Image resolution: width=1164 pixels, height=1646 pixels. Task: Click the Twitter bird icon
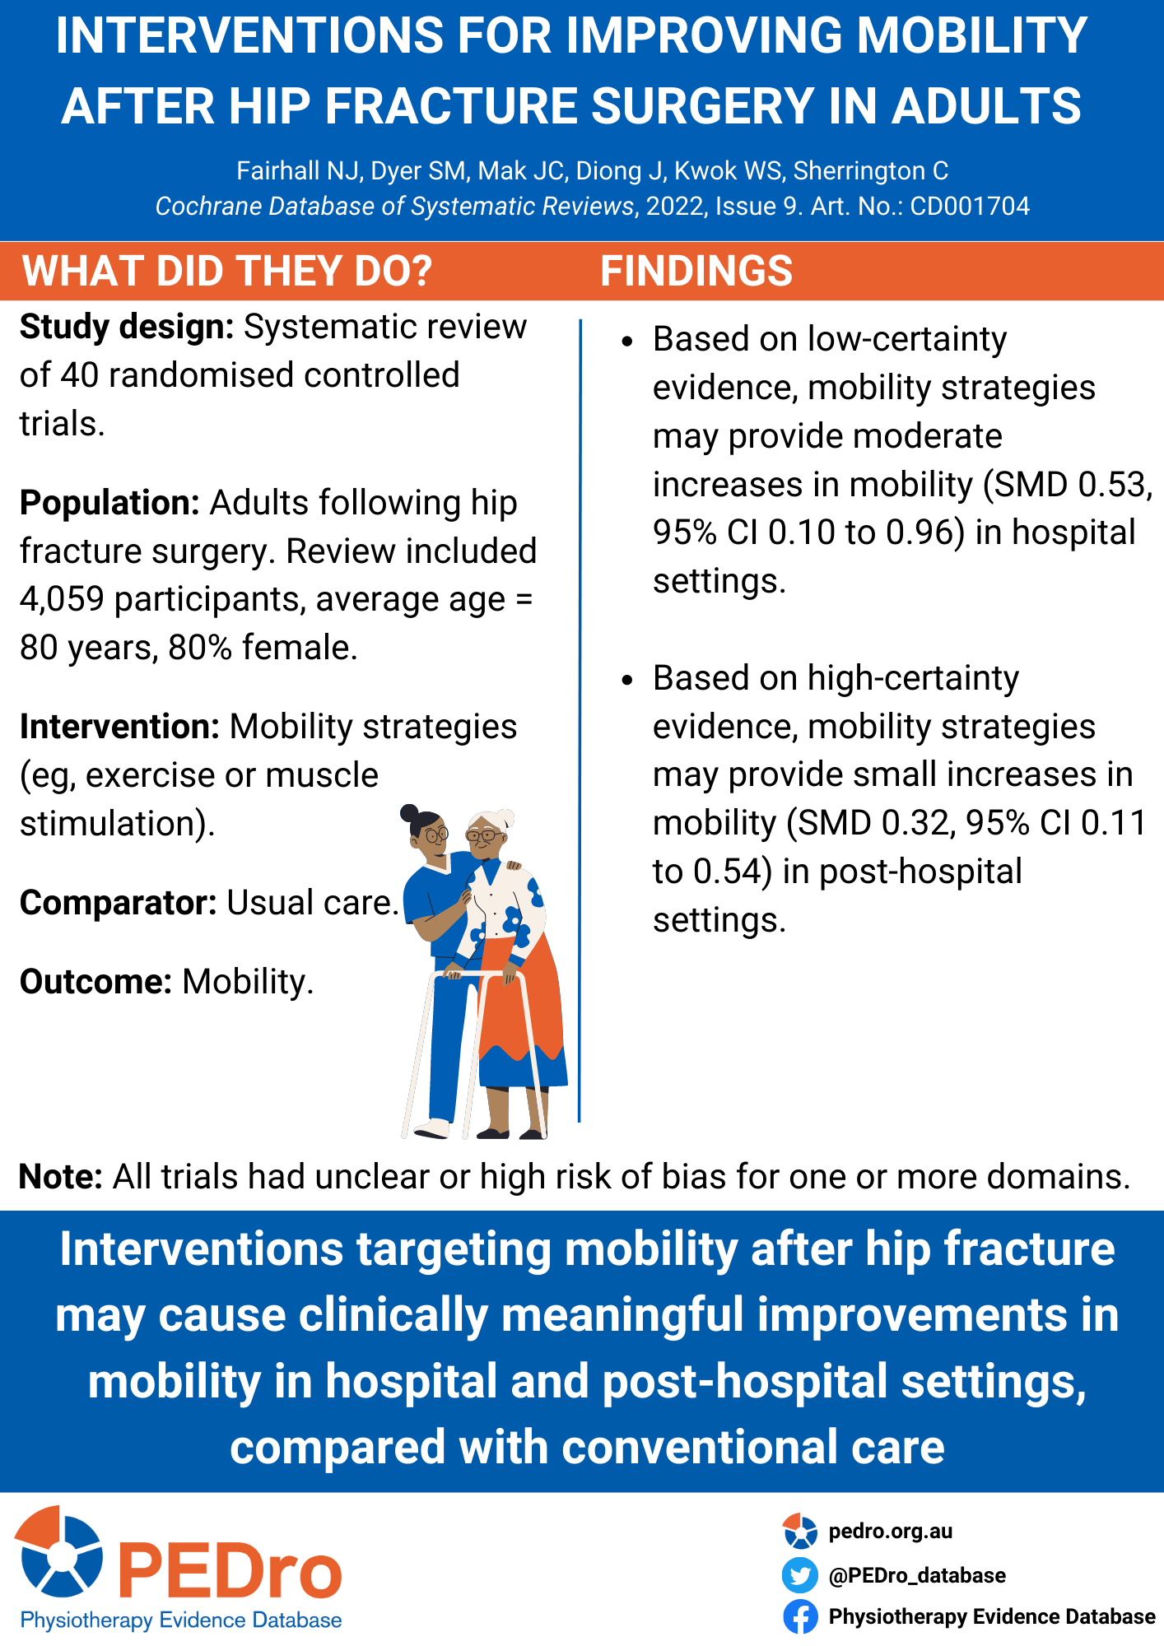[x=799, y=1575]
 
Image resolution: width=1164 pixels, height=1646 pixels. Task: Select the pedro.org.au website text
[x=890, y=1532]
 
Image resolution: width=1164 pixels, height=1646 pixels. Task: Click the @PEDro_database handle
[x=917, y=1575]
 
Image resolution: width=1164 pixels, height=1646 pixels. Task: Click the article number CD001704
[x=970, y=206]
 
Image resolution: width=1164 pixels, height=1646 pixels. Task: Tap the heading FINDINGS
[x=696, y=271]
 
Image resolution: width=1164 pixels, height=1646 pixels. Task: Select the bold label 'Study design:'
[x=128, y=328]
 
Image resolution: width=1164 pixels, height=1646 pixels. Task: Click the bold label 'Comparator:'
[x=119, y=903]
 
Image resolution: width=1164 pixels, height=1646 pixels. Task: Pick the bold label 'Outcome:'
[x=95, y=982]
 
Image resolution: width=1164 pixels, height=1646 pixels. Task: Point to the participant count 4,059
[x=62, y=600]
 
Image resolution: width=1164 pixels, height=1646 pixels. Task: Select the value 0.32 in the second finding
[x=916, y=823]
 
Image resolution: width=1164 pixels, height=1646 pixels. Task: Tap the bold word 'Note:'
[x=61, y=1177]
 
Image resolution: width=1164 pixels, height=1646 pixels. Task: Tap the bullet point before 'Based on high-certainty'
[x=628, y=680]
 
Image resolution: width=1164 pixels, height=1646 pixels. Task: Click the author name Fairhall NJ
[x=299, y=171]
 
